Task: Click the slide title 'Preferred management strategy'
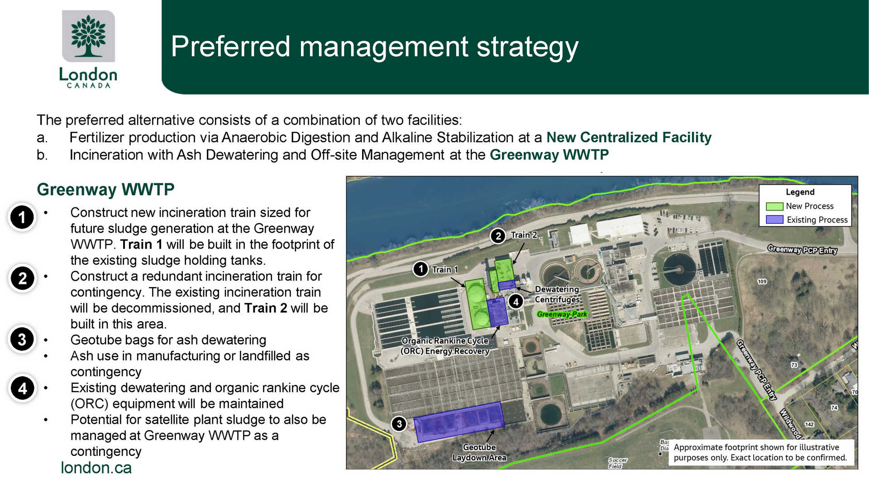pyautogui.click(x=375, y=46)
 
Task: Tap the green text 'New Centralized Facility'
pyautogui.click(x=629, y=137)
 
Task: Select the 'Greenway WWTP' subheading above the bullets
pyautogui.click(x=105, y=189)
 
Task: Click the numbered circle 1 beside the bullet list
pyautogui.click(x=22, y=217)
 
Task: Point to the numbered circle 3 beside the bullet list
pyautogui.click(x=22, y=339)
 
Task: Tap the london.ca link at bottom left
pyautogui.click(x=96, y=468)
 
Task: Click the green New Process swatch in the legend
pyautogui.click(x=774, y=206)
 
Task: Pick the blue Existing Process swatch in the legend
pyautogui.click(x=774, y=220)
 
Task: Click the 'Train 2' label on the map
pyautogui.click(x=524, y=235)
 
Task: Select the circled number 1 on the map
pyautogui.click(x=421, y=269)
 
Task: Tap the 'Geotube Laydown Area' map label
pyautogui.click(x=479, y=452)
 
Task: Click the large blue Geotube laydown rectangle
pyautogui.click(x=459, y=422)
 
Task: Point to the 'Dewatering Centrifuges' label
pyautogui.click(x=557, y=294)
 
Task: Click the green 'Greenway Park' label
pyautogui.click(x=562, y=314)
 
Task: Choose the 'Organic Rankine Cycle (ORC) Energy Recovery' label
pyautogui.click(x=445, y=346)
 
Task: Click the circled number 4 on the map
pyautogui.click(x=516, y=302)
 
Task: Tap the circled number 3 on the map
pyautogui.click(x=399, y=424)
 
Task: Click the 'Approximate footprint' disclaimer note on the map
pyautogui.click(x=760, y=452)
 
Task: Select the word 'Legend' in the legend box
pyautogui.click(x=800, y=192)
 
